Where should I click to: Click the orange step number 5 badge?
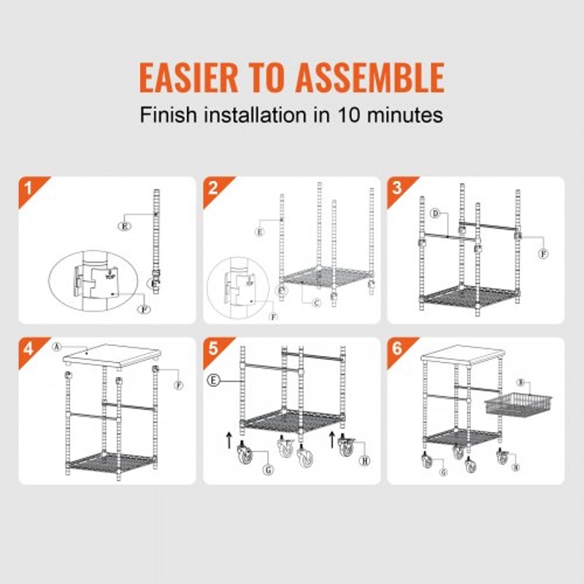point(212,348)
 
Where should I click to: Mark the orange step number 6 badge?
point(397,348)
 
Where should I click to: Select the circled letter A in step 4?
point(56,347)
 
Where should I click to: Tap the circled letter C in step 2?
point(315,302)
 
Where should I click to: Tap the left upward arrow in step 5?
point(229,440)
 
